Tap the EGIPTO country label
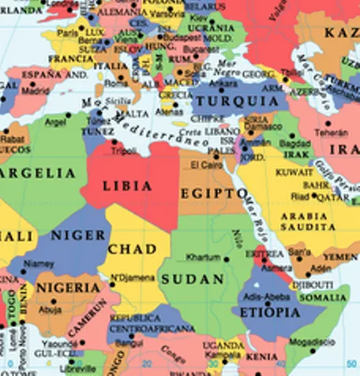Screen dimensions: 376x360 tap(212, 194)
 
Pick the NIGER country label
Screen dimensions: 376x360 tap(78, 235)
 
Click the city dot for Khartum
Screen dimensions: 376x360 tap(227, 258)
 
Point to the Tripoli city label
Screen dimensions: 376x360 tap(123, 150)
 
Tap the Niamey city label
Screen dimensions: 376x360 tap(39, 264)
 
